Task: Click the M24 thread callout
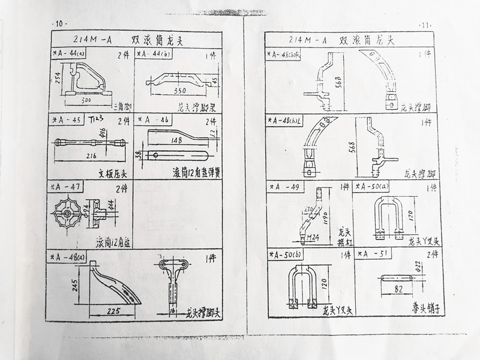coord(312,238)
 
